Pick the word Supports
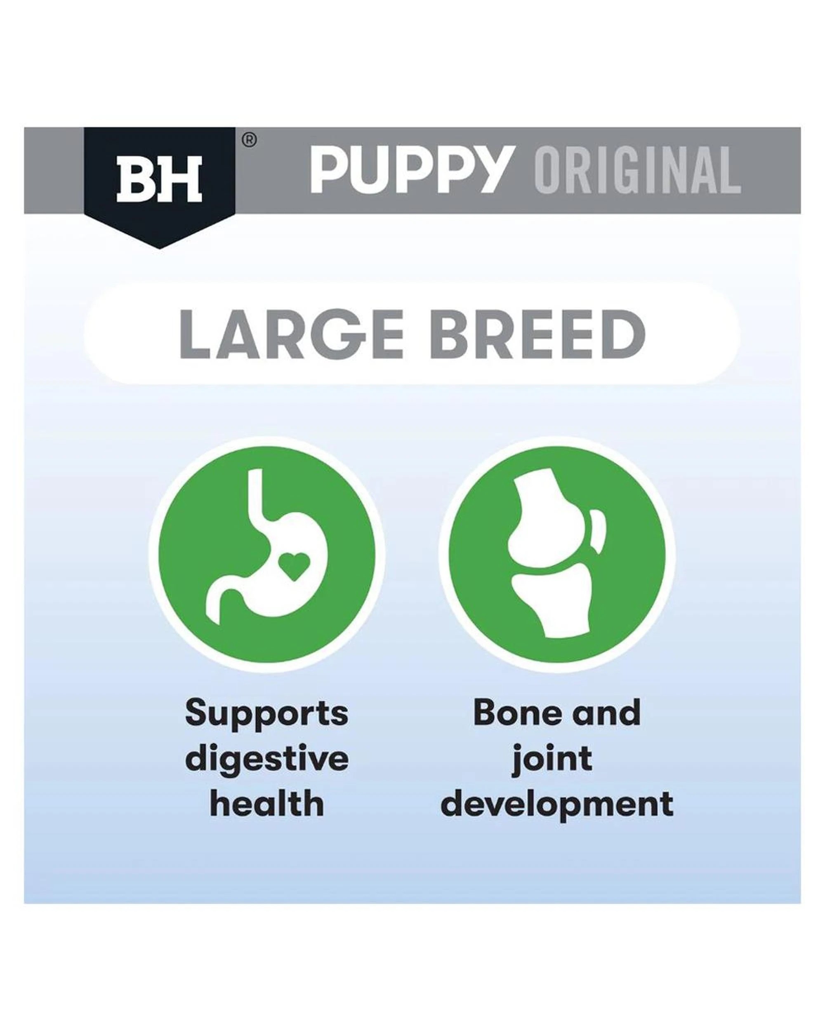click(267, 714)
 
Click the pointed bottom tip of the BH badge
click(159, 245)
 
